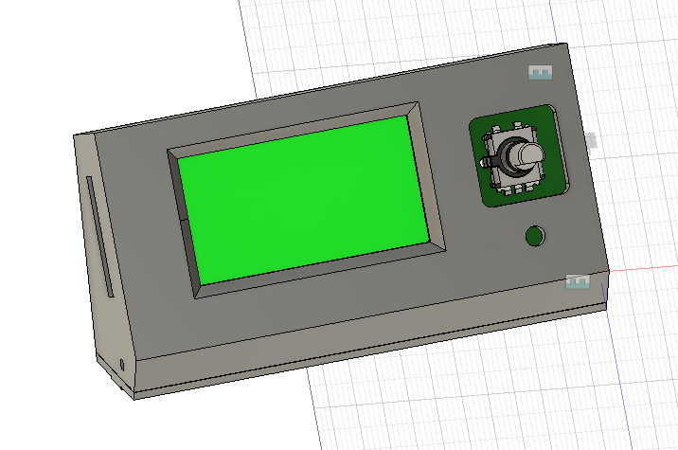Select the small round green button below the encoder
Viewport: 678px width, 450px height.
point(536,236)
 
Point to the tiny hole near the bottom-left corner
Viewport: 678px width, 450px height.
point(122,363)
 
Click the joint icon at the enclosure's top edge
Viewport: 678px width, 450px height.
point(540,73)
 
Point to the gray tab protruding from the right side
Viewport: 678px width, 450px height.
point(592,141)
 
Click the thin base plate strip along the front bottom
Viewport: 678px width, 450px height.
point(379,351)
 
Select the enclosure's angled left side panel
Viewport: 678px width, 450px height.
point(104,284)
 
